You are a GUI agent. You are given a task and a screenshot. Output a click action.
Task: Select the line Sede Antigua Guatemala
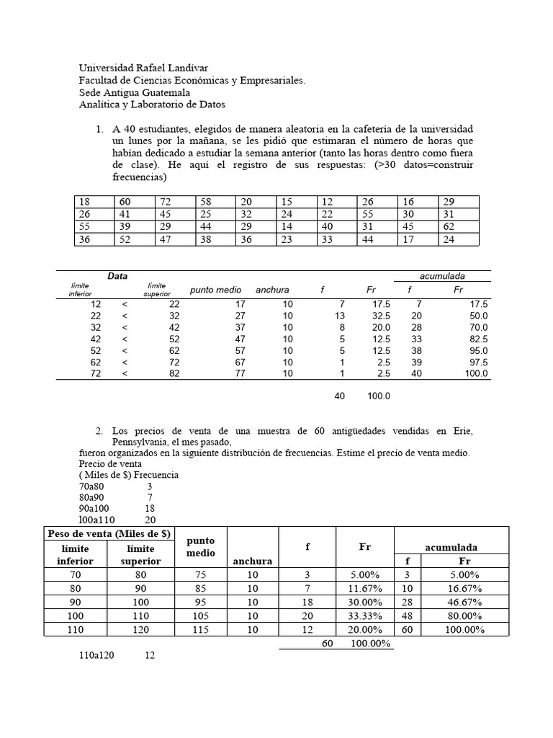click(135, 92)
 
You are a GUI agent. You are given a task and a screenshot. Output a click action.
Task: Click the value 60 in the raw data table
click(125, 201)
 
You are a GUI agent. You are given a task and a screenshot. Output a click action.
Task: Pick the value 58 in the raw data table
click(206, 201)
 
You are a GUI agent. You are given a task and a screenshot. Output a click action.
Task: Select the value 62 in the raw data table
click(449, 227)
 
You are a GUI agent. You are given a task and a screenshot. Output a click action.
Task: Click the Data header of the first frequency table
click(117, 276)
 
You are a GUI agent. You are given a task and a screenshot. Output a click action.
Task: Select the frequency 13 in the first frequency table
click(340, 316)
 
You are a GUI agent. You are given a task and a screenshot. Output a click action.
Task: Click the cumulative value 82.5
click(477, 339)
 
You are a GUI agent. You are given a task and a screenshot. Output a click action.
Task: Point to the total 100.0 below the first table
click(379, 396)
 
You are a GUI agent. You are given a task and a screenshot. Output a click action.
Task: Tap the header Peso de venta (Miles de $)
click(108, 533)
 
